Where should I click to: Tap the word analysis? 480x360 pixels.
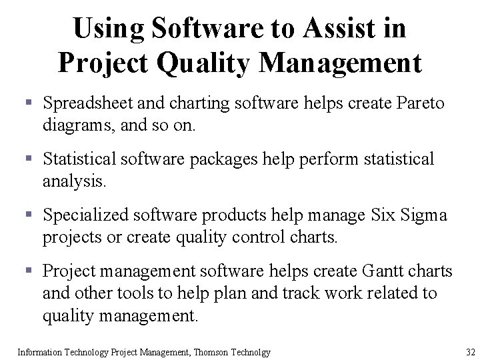[73, 180]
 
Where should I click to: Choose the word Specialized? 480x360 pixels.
[86, 215]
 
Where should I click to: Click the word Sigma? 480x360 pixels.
[424, 215]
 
